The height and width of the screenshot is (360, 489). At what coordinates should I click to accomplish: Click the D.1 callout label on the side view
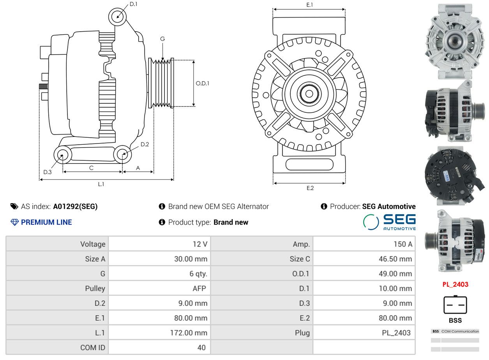tap(133, 4)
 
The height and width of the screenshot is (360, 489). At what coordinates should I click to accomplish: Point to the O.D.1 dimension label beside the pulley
tap(202, 83)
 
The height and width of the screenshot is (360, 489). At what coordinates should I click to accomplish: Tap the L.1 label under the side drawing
tap(101, 184)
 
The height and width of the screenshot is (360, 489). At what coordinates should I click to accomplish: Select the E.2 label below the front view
tap(310, 188)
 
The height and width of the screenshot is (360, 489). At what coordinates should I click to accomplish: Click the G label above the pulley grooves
tap(162, 39)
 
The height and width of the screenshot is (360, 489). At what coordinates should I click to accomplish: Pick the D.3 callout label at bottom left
tap(48, 172)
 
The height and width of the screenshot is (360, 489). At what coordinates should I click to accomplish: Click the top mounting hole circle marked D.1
tap(117, 17)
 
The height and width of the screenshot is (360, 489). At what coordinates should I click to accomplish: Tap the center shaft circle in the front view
tap(309, 94)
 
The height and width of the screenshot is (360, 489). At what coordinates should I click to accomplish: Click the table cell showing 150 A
tap(403, 244)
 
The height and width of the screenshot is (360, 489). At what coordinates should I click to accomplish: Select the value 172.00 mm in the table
tap(189, 333)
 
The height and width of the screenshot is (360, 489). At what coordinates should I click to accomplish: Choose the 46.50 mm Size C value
tap(395, 259)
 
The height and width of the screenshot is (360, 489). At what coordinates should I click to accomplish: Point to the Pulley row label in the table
tap(95, 289)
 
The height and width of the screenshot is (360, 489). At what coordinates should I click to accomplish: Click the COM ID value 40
tap(201, 348)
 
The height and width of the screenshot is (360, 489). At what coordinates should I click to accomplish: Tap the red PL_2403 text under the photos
tap(455, 284)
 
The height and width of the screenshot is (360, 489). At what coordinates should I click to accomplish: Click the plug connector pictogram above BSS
tap(455, 305)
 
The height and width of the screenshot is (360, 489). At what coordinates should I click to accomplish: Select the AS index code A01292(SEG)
tap(75, 207)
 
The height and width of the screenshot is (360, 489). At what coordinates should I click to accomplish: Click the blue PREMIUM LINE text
tap(46, 222)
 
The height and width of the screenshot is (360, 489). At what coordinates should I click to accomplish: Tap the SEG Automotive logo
tap(390, 222)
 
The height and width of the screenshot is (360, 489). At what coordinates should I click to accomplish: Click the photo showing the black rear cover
tap(455, 176)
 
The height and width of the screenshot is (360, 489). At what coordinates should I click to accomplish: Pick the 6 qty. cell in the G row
tap(198, 274)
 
